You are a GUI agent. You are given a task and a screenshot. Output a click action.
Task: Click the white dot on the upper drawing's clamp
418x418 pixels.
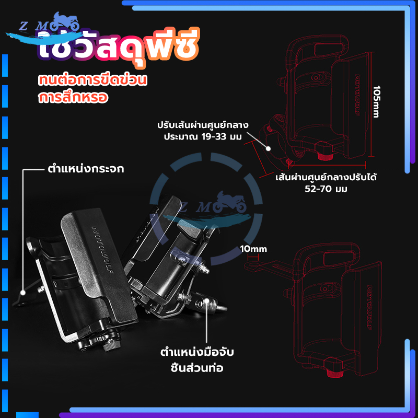pos(268,148)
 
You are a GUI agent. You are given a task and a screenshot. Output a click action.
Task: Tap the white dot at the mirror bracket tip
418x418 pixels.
pos(23,293)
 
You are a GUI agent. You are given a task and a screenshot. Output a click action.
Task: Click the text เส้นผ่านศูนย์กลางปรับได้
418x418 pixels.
pos(327,177)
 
